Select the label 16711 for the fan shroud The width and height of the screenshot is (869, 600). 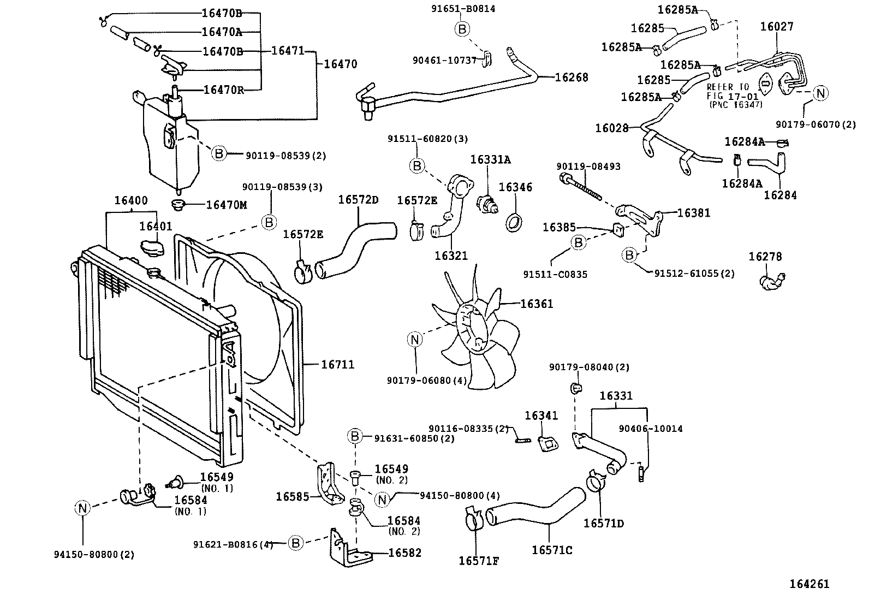click(x=337, y=364)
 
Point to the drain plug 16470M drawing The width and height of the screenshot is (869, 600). click(x=178, y=205)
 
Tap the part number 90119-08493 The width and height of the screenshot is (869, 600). click(x=588, y=166)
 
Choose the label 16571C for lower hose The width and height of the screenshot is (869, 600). click(x=552, y=550)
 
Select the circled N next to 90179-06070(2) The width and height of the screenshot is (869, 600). click(x=820, y=93)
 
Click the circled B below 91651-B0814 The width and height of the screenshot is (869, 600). click(x=462, y=29)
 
